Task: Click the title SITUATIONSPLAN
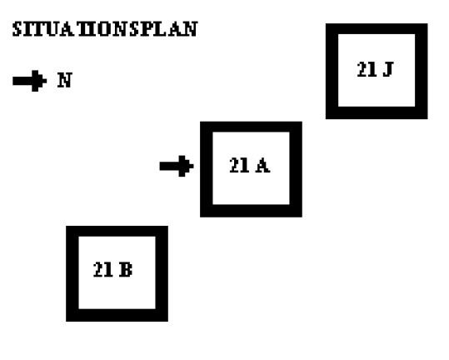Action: click(x=105, y=29)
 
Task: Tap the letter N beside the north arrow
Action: click(x=65, y=80)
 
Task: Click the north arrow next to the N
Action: click(x=29, y=81)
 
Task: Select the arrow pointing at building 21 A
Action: click(x=177, y=166)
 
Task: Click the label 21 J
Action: click(x=375, y=69)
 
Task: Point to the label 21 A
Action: click(x=249, y=165)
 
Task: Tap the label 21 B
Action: click(x=112, y=269)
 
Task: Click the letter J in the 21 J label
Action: click(x=388, y=69)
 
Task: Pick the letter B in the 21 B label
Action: click(x=126, y=269)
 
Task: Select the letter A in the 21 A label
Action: click(x=262, y=166)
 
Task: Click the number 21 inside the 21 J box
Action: click(x=367, y=69)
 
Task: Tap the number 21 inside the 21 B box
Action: click(x=102, y=269)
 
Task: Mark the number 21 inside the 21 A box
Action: click(x=239, y=165)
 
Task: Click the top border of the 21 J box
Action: click(x=377, y=28)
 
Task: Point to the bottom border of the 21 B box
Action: click(x=117, y=315)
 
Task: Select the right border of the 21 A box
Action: click(x=296, y=169)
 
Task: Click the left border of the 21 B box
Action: click(x=72, y=274)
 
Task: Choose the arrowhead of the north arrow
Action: click(x=39, y=81)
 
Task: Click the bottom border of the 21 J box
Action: click(x=377, y=112)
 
